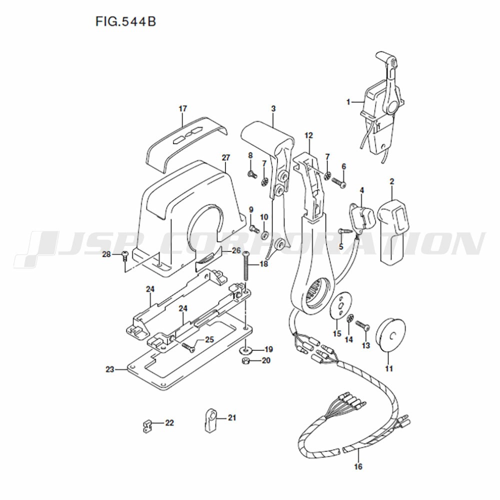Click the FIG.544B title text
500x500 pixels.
tap(125, 21)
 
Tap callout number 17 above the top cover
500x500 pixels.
tap(182, 108)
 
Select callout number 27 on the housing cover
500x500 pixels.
tap(226, 157)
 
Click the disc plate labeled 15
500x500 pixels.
tap(341, 305)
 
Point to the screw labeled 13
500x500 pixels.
tap(363, 325)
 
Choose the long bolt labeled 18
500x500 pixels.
tap(246, 266)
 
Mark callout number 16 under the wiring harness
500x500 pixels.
tap(358, 466)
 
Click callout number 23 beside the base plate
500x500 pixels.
tap(110, 369)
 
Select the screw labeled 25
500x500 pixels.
tap(188, 347)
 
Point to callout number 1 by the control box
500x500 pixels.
tap(348, 102)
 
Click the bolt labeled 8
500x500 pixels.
tap(252, 174)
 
